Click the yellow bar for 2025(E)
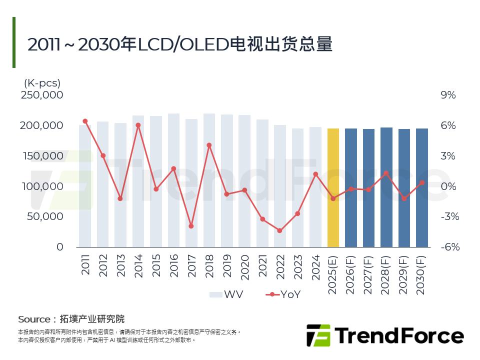pos(333,187)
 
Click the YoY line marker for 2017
pos(191,226)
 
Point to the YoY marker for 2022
pos(279,230)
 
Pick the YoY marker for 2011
pos(85,121)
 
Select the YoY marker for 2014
pos(138,125)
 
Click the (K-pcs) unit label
pos(41,82)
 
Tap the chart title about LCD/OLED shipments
pos(180,44)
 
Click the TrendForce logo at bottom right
pos(384,335)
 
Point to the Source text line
pos(71,319)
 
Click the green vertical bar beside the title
pos(14,42)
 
